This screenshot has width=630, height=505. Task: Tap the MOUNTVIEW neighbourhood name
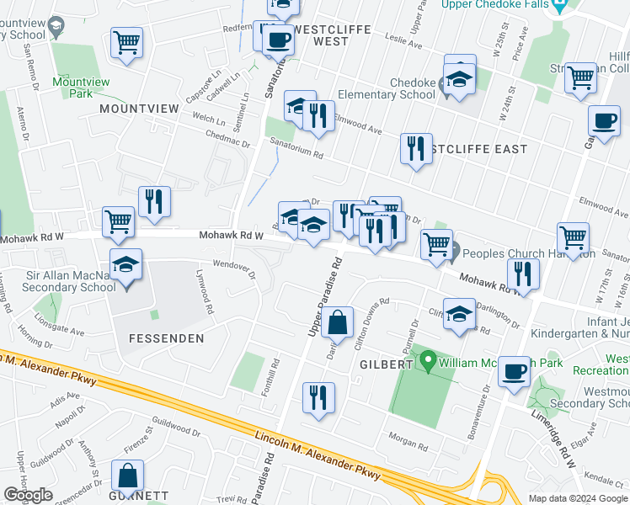coord(140,109)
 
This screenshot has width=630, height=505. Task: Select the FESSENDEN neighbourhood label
coord(167,338)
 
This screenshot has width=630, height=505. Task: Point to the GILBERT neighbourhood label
coord(387,364)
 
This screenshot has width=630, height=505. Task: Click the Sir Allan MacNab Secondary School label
coord(58,281)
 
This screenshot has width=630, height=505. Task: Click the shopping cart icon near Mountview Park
coord(126,42)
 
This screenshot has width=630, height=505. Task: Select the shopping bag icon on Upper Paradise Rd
coord(337,322)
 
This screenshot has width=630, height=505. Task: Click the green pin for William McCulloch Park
coord(429,364)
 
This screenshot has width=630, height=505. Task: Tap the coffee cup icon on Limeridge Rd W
coord(514,371)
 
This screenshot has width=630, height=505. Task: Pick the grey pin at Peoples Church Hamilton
coord(454,252)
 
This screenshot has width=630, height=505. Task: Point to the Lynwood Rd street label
coord(202,291)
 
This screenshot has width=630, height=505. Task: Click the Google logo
coord(28,495)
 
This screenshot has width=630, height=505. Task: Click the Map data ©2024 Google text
coord(577,498)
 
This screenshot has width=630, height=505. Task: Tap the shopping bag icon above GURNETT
coord(127,476)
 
